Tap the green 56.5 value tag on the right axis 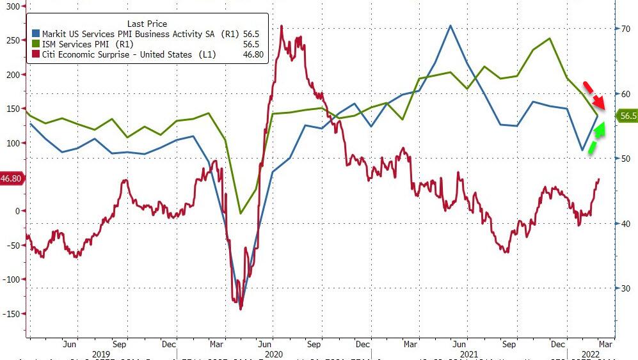(x=626, y=116)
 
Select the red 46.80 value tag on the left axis (x=12, y=179)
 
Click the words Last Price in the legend (x=147, y=24)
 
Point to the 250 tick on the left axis (x=13, y=40)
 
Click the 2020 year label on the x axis (x=273, y=354)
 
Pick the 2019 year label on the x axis (x=102, y=354)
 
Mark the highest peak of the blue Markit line (x=451, y=26)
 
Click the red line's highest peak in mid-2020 (x=282, y=27)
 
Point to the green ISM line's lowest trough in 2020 (x=241, y=213)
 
